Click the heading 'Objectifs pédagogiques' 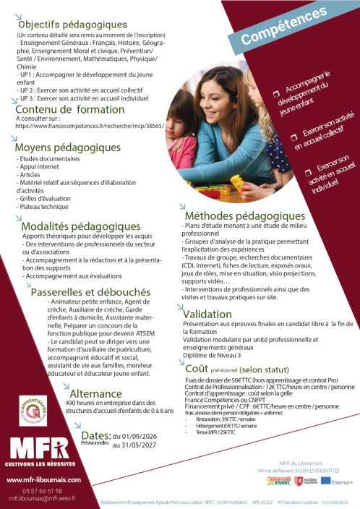(72, 25)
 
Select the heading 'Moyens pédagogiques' (68, 148)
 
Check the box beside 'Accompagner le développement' (275, 93)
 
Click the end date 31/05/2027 (135, 445)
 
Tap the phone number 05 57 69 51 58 (43, 490)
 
